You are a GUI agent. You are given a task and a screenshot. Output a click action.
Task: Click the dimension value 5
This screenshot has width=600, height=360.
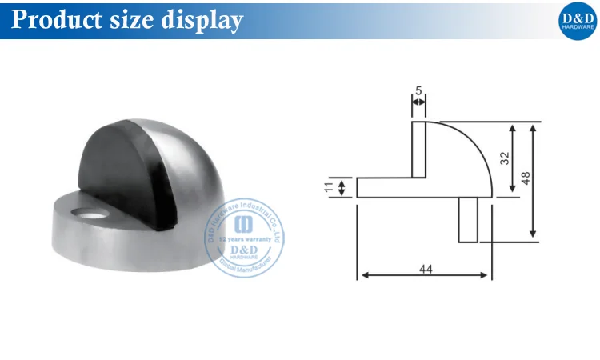[x=418, y=90]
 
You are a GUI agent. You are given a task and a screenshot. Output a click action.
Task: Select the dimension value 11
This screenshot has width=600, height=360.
[x=329, y=187]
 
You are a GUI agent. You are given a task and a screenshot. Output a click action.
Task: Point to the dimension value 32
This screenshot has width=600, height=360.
[x=504, y=157]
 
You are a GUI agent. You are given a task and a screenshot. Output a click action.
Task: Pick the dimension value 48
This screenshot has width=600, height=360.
[x=526, y=178]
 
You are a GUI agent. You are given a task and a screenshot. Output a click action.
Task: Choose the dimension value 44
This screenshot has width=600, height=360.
[x=425, y=270]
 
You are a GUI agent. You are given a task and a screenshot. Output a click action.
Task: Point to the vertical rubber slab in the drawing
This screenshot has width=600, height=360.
[x=418, y=149]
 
